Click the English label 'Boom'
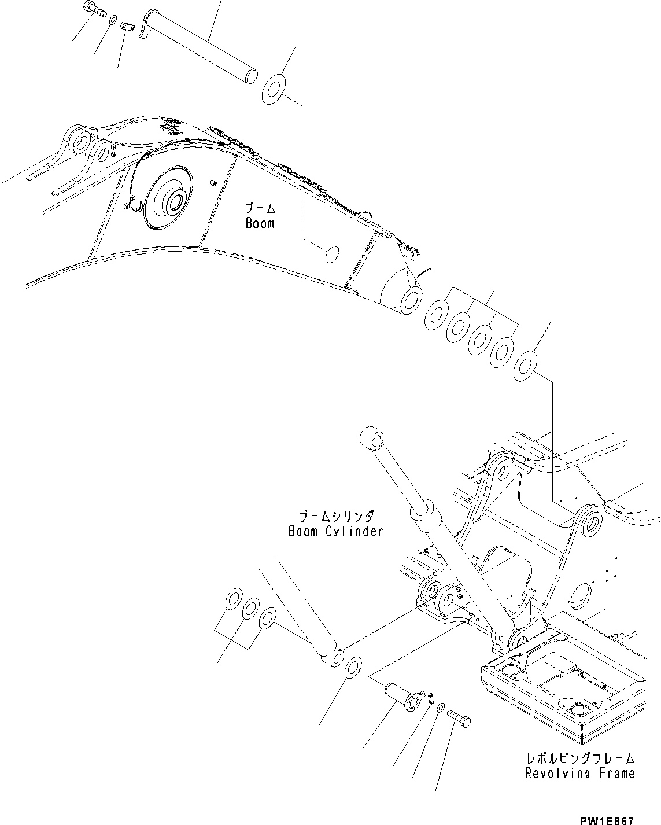pyautogui.click(x=259, y=223)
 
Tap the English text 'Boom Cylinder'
pyautogui.click(x=335, y=531)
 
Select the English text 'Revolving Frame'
pyautogui.click(x=579, y=773)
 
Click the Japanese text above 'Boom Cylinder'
pyautogui.click(x=335, y=515)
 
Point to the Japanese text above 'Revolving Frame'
pyautogui.click(x=579, y=758)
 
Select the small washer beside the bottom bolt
pyautogui.click(x=440, y=708)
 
